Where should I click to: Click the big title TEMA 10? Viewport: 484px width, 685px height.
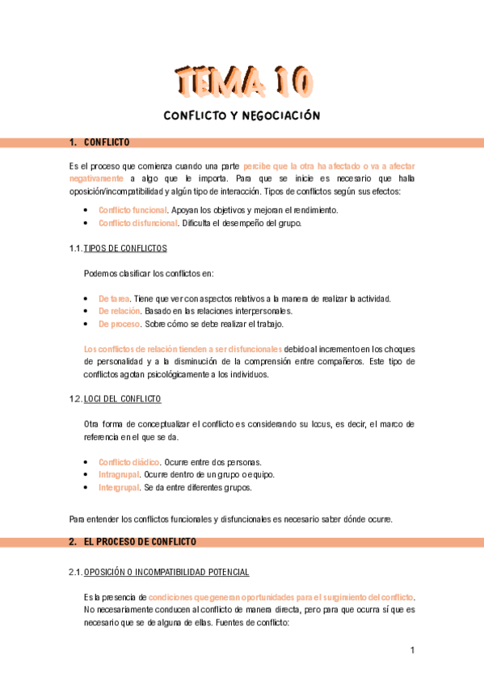242,81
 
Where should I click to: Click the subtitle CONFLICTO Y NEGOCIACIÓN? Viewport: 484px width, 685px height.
242,116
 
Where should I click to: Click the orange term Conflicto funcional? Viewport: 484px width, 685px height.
133,210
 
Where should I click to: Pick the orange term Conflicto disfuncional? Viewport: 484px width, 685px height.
137,223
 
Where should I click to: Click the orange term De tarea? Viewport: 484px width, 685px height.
114,299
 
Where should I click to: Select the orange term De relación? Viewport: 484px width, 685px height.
119,311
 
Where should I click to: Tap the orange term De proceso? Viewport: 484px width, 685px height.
119,324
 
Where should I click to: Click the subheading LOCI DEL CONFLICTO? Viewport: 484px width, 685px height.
122,399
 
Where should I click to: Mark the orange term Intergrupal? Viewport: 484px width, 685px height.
118,487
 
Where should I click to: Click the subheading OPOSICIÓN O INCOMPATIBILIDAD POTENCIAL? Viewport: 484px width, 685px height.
166,573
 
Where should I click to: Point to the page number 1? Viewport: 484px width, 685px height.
412,650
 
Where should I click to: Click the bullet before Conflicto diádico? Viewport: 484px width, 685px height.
86,462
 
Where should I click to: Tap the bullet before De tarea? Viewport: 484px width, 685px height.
86,299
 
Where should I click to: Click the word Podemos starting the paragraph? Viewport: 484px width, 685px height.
100,273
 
